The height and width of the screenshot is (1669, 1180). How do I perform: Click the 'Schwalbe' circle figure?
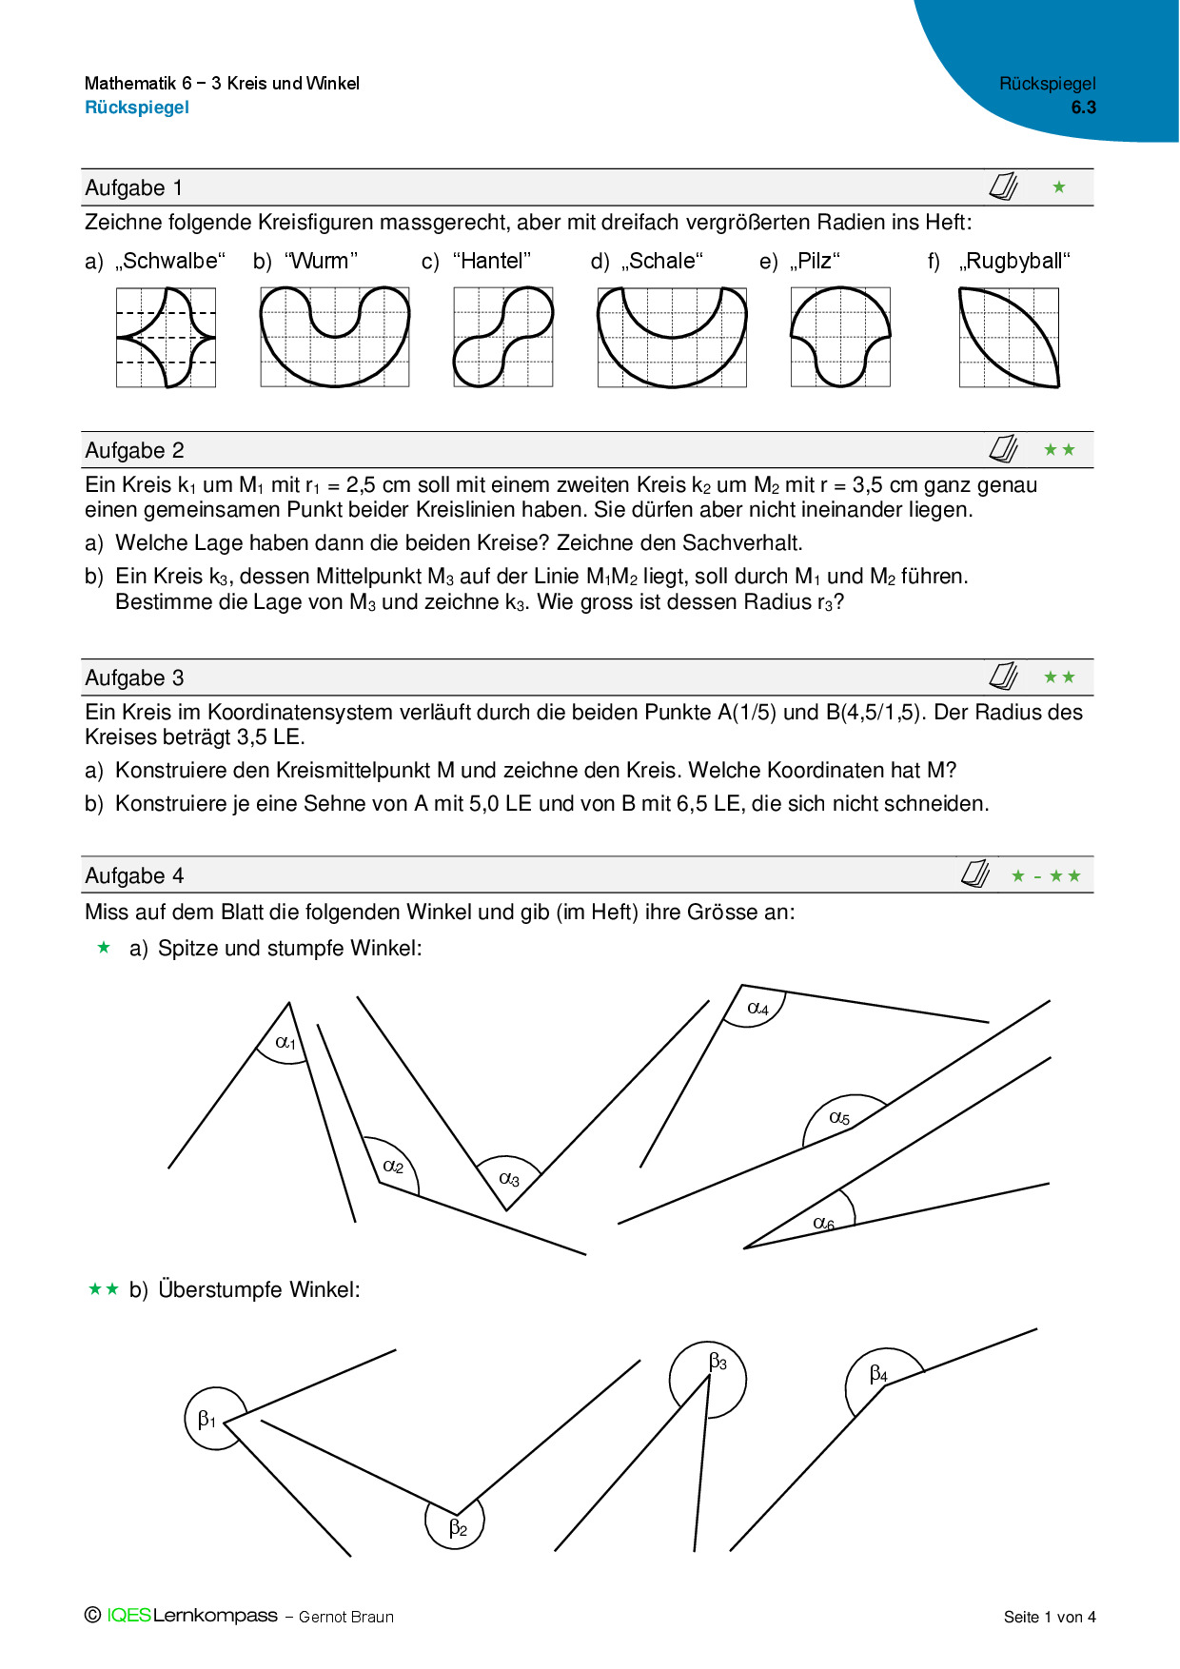click(x=167, y=338)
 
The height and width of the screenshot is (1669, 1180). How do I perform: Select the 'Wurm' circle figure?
click(x=335, y=337)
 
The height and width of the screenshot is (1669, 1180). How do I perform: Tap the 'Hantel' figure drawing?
click(x=503, y=337)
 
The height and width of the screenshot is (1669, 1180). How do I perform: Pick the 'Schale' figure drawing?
click(x=672, y=338)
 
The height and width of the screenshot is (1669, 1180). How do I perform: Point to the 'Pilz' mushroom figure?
click(x=840, y=337)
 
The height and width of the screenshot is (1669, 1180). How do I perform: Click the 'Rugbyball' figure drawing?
click(x=1009, y=338)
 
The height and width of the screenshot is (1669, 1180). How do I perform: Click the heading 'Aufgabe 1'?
click(x=134, y=188)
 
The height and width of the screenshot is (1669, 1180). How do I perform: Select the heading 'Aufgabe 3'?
click(x=134, y=678)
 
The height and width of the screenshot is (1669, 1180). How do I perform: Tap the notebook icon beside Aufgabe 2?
click(x=1003, y=449)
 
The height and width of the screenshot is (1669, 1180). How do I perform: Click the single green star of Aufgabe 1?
click(x=1059, y=187)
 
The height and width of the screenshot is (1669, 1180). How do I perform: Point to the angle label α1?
click(x=285, y=1043)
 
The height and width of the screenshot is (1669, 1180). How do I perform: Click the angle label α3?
click(x=509, y=1179)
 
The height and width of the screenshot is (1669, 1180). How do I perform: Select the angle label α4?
click(x=757, y=1009)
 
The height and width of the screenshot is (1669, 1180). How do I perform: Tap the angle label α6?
click(x=823, y=1224)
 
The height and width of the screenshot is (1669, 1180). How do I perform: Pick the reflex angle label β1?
click(x=206, y=1420)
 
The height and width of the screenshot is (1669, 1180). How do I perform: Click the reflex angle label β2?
click(x=458, y=1528)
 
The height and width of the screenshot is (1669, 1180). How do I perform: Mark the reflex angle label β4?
click(x=878, y=1375)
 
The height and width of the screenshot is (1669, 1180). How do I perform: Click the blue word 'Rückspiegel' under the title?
click(x=137, y=108)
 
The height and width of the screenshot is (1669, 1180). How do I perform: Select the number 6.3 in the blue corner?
click(x=1083, y=108)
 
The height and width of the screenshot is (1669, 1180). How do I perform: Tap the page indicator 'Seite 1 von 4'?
click(x=1050, y=1617)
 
